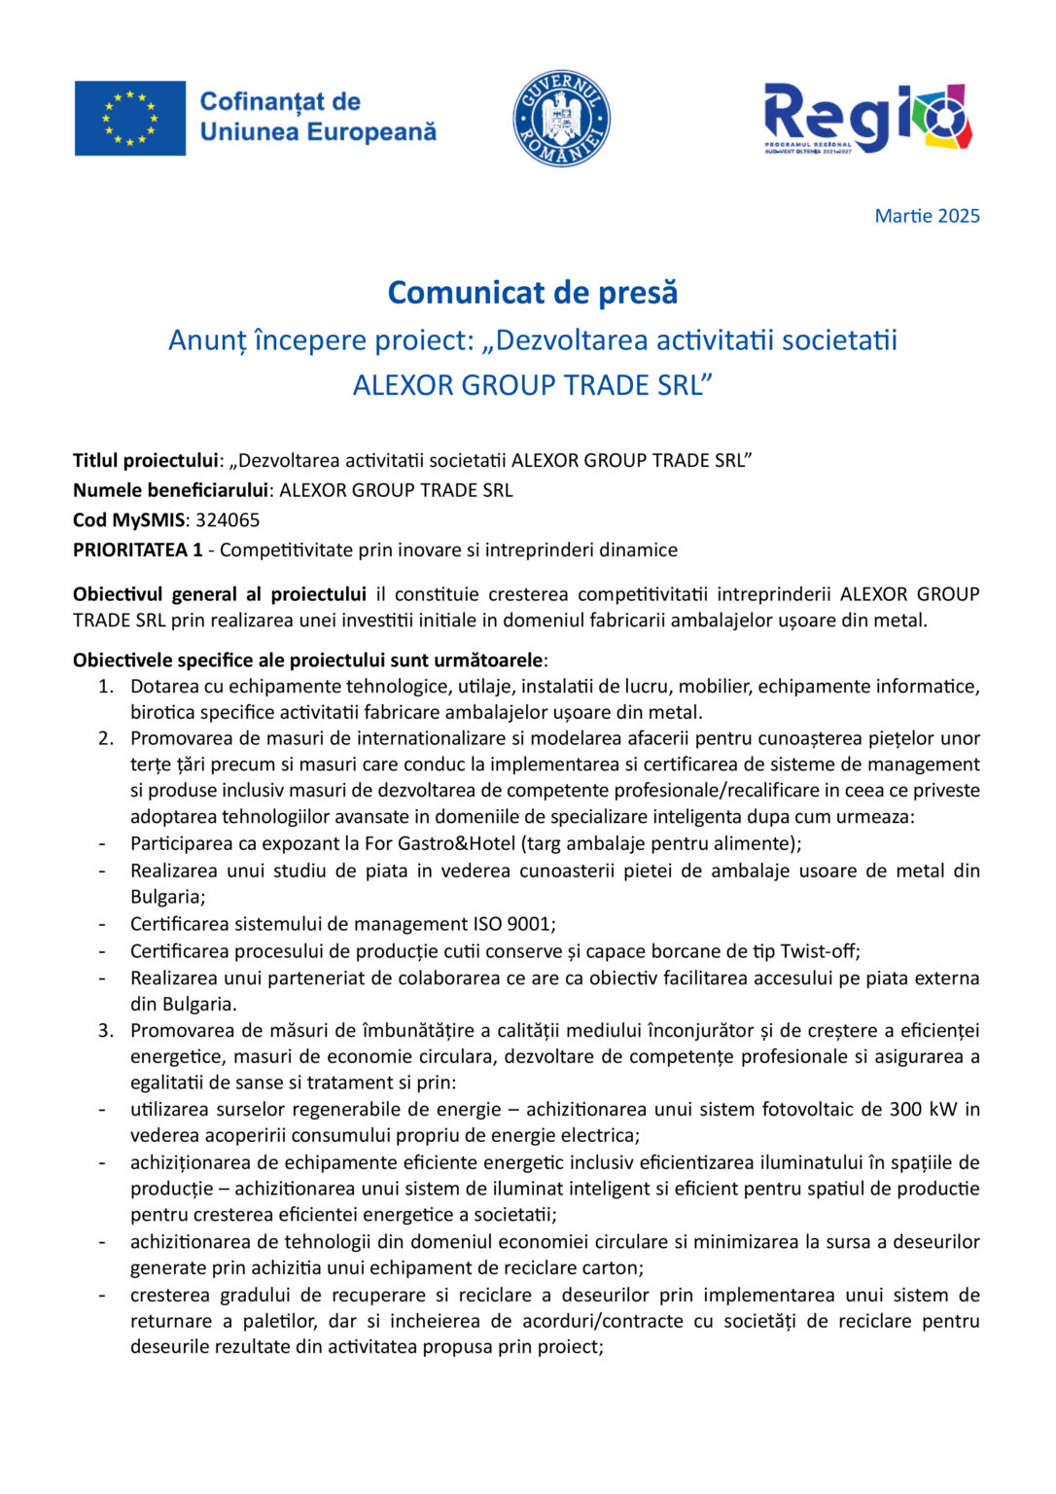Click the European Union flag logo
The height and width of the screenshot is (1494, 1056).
point(129,119)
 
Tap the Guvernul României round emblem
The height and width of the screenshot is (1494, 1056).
point(561,119)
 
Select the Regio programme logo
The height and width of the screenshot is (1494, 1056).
point(867,119)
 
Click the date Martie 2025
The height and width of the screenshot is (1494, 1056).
point(927,216)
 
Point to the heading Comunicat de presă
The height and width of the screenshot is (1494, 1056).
point(532,293)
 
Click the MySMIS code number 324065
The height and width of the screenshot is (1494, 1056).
point(228,520)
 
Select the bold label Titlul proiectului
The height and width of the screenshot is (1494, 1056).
point(145,461)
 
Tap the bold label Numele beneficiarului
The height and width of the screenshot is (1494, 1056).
point(170,490)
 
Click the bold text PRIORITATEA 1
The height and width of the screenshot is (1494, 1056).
point(137,551)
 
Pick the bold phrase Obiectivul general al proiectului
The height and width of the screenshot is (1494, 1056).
point(219,594)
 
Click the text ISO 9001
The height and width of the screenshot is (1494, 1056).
point(512,924)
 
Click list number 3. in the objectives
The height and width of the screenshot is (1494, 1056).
point(106,1030)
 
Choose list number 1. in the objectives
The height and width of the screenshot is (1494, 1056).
point(106,687)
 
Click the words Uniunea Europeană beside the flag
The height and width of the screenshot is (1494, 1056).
point(318,132)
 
